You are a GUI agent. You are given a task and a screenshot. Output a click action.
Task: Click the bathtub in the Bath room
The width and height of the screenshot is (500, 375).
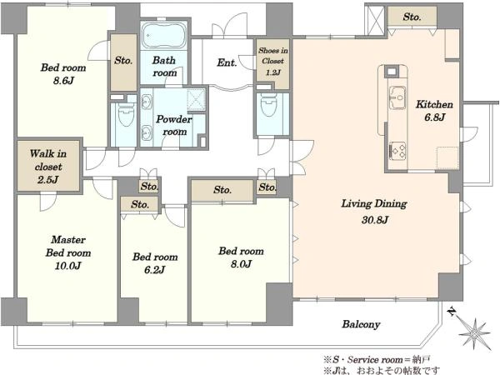point(164,35)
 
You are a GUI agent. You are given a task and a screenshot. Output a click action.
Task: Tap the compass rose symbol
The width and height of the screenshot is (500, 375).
point(474,332)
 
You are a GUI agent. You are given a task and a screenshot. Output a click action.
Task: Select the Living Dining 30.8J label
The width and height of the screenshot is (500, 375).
point(374,212)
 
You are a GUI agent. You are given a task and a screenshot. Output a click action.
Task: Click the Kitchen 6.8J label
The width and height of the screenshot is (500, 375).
point(434,111)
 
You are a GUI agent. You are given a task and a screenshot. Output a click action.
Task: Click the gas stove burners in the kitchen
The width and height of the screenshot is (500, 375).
point(397,151)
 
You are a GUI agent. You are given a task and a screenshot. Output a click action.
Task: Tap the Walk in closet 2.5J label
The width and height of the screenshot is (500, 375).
point(48,167)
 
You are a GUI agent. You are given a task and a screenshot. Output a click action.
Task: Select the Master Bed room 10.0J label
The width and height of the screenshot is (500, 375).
point(68,252)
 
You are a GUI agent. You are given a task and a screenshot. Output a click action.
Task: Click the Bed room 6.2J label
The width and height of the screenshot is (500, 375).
point(155,263)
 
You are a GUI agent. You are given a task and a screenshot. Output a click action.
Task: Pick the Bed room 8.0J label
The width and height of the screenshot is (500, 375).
point(241,257)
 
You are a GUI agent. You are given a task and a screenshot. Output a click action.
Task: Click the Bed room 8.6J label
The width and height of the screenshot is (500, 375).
point(63,73)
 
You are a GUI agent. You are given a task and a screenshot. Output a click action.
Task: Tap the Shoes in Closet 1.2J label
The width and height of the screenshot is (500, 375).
point(273,61)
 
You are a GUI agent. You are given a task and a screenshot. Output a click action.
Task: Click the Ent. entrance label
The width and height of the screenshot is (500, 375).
point(227,62)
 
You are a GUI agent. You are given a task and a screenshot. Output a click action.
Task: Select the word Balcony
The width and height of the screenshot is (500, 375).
point(361,325)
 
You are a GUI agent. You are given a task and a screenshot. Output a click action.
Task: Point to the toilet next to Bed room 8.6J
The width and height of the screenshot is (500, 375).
point(127,114)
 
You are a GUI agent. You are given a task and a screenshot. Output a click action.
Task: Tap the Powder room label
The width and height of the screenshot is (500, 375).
point(174,125)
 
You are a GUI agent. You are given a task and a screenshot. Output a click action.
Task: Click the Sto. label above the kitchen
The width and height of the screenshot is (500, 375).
point(412,17)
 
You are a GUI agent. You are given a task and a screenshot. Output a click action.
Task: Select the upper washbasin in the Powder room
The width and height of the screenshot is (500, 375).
point(147,102)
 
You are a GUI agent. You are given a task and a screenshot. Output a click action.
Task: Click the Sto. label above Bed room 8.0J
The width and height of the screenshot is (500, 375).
point(222,190)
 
